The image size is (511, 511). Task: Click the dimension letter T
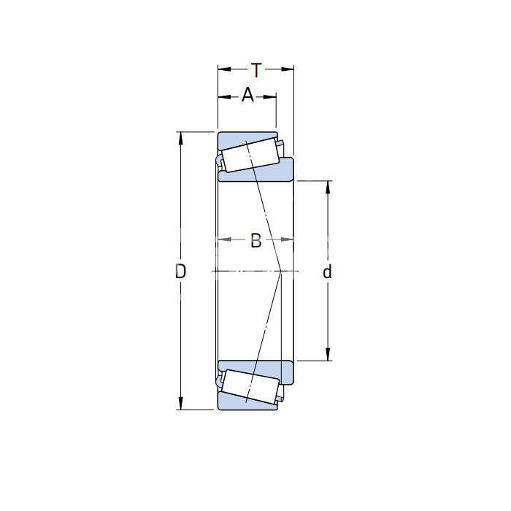tap(256, 70)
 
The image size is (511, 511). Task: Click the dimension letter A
tap(247, 94)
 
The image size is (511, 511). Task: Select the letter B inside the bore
tap(255, 240)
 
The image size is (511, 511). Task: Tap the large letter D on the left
tap(180, 271)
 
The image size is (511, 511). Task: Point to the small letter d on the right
tap(327, 271)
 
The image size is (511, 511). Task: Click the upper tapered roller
tap(250, 155)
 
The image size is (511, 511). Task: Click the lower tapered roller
tap(250, 387)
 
